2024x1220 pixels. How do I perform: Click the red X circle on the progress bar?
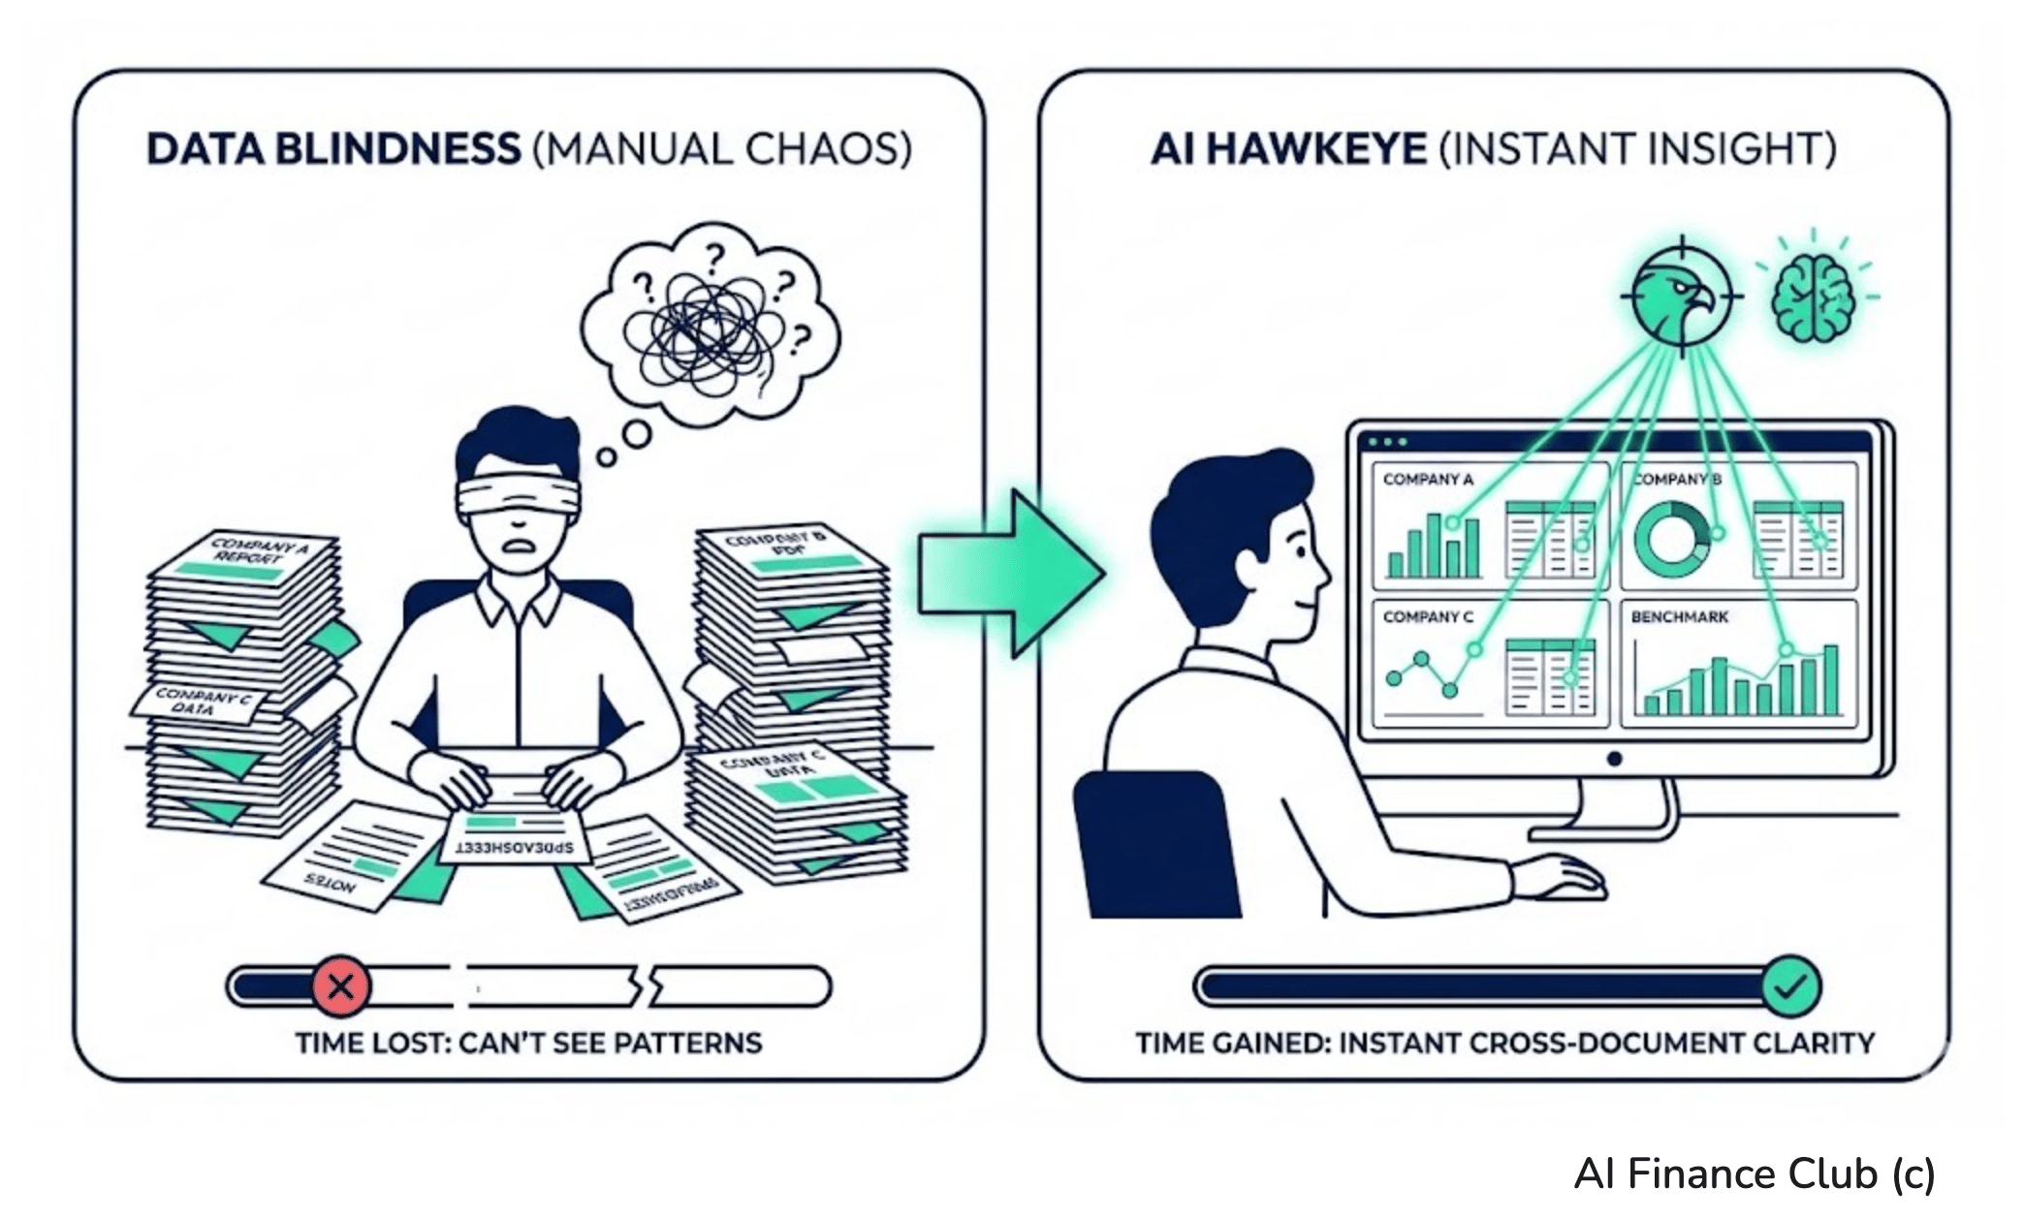click(x=340, y=986)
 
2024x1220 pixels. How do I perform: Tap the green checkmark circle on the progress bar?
click(x=1790, y=986)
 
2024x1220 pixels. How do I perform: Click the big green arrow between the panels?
click(x=1008, y=574)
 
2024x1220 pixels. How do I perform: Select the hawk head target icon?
click(x=1681, y=292)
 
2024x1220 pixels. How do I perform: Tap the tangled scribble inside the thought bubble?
click(x=706, y=329)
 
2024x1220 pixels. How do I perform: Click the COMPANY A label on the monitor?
click(x=1428, y=479)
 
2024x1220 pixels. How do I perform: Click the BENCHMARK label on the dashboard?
click(x=1679, y=616)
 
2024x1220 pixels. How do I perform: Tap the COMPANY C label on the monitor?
click(x=1428, y=616)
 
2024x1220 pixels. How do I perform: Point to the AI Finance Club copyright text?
click(x=1755, y=1173)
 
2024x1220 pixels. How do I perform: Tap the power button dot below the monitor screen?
click(x=1614, y=759)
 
